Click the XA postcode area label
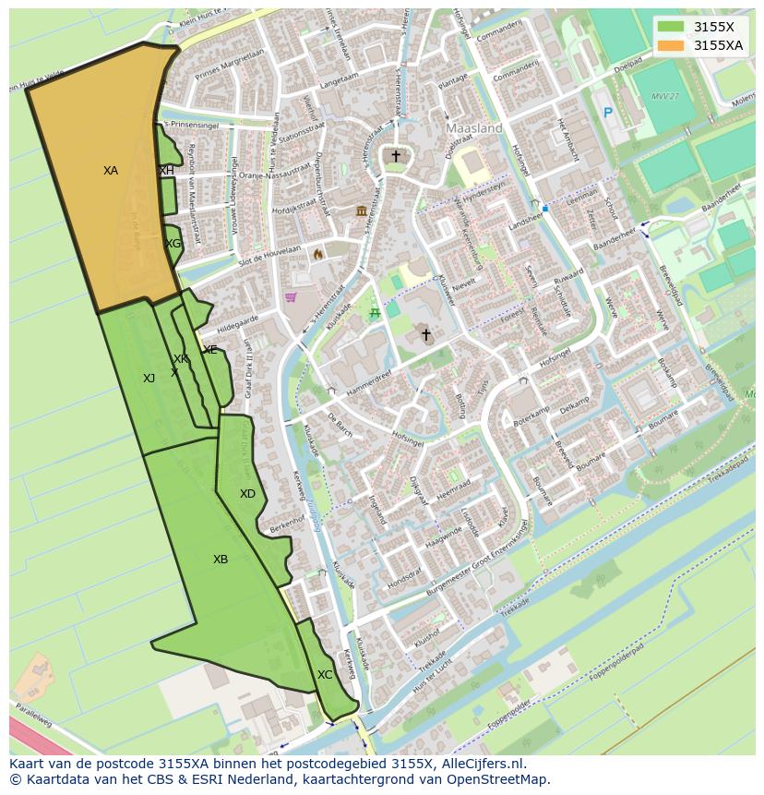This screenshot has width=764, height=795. click(x=111, y=171)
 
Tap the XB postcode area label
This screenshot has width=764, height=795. click(x=221, y=560)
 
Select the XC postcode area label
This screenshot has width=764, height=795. click(x=325, y=675)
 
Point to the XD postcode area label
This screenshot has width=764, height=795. click(x=247, y=494)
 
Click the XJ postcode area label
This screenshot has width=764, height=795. click(x=149, y=378)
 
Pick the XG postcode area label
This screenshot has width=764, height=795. click(x=173, y=244)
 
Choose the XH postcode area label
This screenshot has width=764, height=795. click(x=167, y=171)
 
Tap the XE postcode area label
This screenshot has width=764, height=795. click(x=210, y=350)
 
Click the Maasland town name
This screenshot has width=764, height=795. click(x=474, y=128)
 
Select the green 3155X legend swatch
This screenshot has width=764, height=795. click(x=671, y=27)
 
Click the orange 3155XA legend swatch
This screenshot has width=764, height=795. click(x=671, y=45)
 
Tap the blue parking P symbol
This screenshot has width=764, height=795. click(x=607, y=113)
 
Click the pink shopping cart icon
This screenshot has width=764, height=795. click(x=291, y=297)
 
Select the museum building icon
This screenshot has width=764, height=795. click(x=360, y=212)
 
